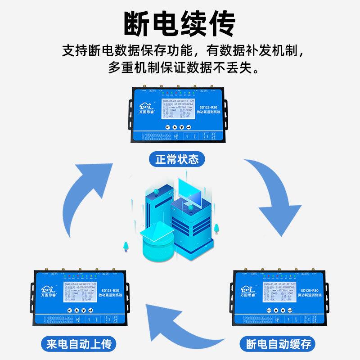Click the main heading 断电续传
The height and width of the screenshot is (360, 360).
180,23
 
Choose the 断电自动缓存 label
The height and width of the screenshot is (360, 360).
278,345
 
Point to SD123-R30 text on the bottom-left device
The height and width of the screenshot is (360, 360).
108,290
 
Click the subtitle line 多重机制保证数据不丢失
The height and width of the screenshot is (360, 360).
180,69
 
